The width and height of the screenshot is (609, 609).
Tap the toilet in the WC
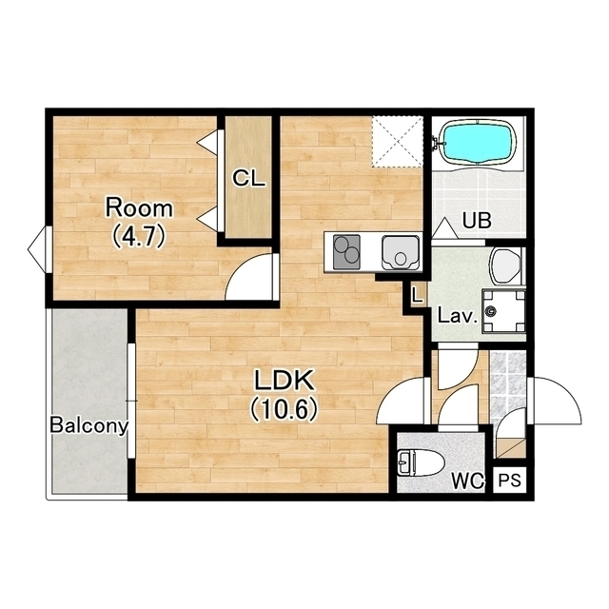pos(421,462)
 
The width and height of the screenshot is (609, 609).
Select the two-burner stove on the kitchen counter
pos(346,251)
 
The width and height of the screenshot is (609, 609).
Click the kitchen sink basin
pos(401,252)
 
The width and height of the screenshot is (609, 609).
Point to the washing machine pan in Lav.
pos(503,311)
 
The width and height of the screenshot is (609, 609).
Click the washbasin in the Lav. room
pos(505,266)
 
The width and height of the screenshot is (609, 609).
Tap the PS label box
pos(509,481)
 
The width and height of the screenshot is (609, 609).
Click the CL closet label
pos(249,179)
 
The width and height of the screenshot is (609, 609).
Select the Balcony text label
pos(88,425)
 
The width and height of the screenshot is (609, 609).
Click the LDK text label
pos(284,381)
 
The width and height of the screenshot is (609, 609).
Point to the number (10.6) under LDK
pos(284,410)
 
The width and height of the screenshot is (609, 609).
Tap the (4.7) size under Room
pos(139,237)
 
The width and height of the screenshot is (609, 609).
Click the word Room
pos(139,208)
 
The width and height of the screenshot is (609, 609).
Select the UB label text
pos(477,221)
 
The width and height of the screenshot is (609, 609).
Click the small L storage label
pos(418,295)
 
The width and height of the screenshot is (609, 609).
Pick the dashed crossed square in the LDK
pos(397,142)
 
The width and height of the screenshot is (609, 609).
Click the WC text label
pos(467,481)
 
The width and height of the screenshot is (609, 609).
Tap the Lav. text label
pos(457,316)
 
